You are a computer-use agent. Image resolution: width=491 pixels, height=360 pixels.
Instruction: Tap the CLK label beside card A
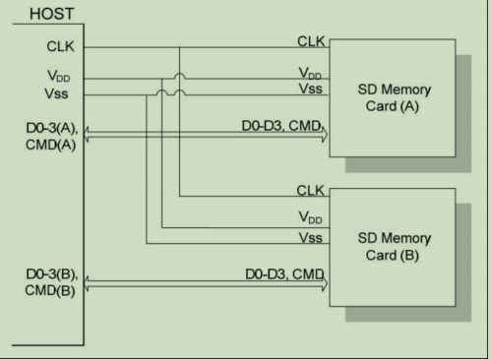(x=313, y=40)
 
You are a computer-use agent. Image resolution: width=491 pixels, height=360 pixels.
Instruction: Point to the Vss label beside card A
(x=314, y=89)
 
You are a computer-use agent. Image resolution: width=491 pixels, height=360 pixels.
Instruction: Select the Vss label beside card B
(x=314, y=239)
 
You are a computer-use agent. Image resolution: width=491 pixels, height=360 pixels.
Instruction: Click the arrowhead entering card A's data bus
(x=324, y=139)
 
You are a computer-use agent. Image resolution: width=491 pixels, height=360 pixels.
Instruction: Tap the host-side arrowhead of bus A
(x=92, y=139)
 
